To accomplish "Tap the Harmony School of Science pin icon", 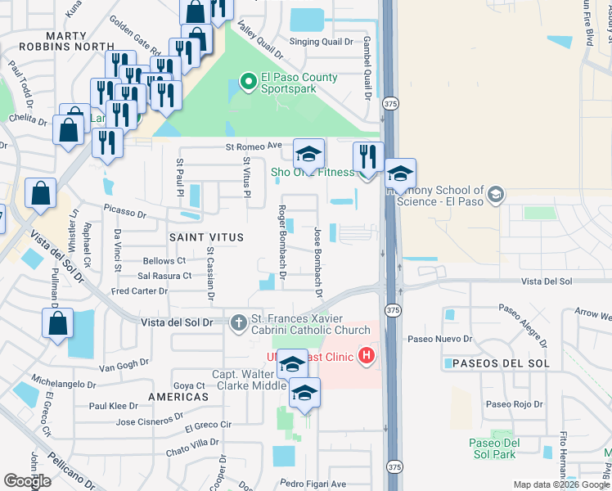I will click(496, 194).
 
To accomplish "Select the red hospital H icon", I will click(366, 355).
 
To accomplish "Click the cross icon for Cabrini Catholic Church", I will click(238, 322).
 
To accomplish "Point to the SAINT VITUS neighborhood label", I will click(206, 236).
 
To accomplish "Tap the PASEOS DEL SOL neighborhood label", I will click(493, 363).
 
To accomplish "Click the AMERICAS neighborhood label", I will click(178, 396).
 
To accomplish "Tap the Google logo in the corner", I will click(27, 481).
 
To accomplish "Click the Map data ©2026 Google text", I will click(561, 484).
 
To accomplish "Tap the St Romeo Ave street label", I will click(254, 146).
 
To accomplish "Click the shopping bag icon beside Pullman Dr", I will click(57, 324).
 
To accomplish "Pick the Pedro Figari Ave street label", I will click(313, 484).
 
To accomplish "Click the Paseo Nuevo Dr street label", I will click(446, 338).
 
